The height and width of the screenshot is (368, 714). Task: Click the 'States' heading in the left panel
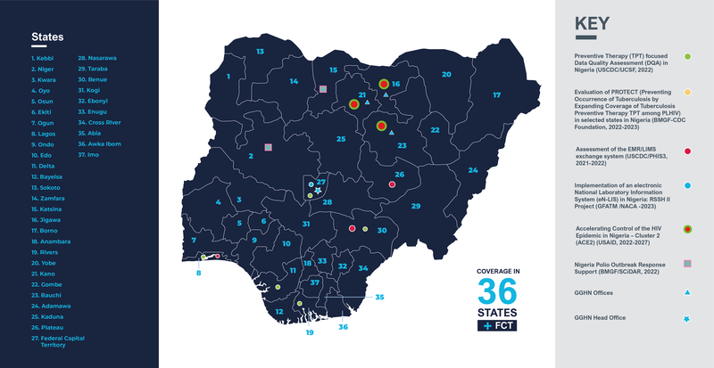46,37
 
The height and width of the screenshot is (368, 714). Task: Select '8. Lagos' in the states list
44,132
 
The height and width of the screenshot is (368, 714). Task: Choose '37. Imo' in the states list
90,154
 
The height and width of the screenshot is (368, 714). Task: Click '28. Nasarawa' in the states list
98,58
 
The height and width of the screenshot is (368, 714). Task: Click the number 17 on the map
496,94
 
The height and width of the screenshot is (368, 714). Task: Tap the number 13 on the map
260,52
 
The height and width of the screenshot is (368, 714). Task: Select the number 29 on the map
415,206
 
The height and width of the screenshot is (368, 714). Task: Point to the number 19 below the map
310,332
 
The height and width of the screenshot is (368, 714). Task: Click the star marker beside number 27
318,190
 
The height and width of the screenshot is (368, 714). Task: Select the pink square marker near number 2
267,146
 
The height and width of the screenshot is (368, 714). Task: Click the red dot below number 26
393,184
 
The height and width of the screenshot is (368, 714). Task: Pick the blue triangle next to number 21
367,104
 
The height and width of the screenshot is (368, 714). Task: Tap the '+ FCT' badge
496,327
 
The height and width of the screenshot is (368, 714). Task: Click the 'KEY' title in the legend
592,24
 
